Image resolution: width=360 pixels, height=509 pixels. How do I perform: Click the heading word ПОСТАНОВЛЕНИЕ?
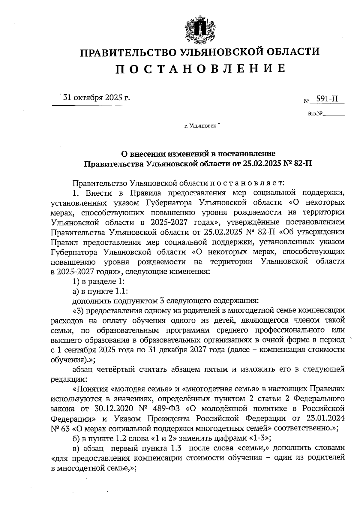(x=200, y=69)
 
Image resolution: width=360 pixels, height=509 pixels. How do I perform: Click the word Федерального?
(x=318, y=399)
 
